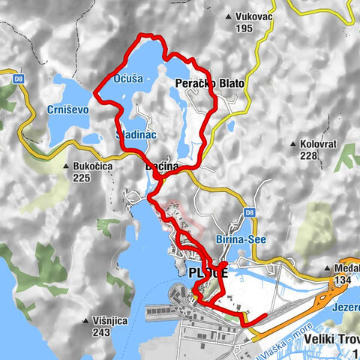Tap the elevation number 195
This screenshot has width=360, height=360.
244,28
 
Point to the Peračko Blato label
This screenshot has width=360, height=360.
209,83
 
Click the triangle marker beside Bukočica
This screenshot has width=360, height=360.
67,166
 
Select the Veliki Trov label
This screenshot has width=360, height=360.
333,339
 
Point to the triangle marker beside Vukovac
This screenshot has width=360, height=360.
229,15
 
